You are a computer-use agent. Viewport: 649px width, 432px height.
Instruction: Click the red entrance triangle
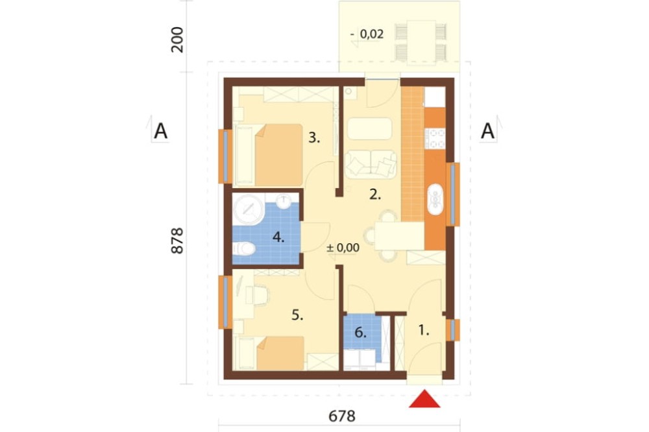point(424,400)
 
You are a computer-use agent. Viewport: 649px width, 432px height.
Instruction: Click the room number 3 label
point(314,138)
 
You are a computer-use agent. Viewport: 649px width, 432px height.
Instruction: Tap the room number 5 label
point(297,315)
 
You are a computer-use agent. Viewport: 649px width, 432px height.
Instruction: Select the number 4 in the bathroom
point(278,237)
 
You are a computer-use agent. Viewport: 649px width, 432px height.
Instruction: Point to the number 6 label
point(360,332)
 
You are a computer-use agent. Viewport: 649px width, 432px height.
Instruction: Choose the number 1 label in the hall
point(423,330)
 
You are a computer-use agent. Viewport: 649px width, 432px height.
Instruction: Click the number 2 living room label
point(375,195)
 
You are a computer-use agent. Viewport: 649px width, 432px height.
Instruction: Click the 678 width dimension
point(342,416)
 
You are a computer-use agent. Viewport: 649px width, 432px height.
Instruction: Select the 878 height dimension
point(177,241)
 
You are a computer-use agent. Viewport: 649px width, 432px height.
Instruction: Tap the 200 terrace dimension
point(177,40)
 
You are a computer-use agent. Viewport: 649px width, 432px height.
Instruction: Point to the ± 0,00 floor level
point(343,248)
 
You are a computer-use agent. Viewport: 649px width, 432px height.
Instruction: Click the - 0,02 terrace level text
point(367,34)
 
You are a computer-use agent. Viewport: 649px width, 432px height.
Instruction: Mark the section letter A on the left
point(160,131)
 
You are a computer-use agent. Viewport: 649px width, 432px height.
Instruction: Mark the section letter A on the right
point(487,131)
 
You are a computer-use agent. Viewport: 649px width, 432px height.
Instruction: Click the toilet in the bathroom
point(244,249)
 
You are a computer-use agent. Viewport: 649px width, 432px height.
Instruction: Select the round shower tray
point(249,210)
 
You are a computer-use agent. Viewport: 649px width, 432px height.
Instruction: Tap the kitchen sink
point(435,199)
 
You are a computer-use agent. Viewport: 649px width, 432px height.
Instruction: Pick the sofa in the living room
point(371,164)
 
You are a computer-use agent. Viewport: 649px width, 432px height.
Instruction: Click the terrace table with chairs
point(421,42)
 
